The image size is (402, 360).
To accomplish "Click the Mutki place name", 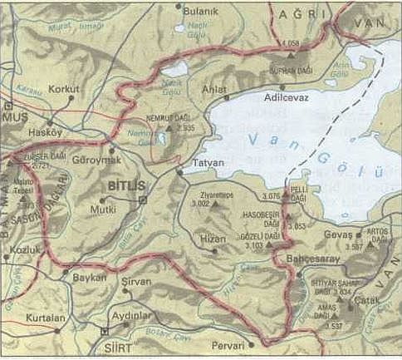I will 104,211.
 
